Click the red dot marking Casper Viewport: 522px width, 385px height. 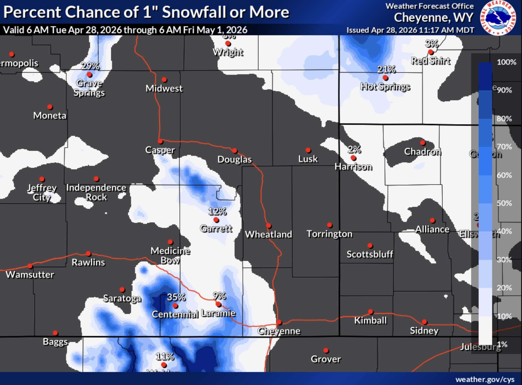pyautogui.click(x=160, y=141)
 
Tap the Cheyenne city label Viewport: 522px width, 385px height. pyautogui.click(x=279, y=331)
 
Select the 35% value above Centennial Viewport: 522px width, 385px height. pyautogui.click(x=176, y=297)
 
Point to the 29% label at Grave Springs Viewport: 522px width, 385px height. pyautogui.click(x=90, y=66)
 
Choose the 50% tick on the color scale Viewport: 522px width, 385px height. pyautogui.click(x=504, y=203)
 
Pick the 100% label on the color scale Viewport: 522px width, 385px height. pyautogui.click(x=506, y=62)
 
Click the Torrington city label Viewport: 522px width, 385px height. pyautogui.click(x=329, y=234)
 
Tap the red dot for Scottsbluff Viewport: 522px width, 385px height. pyautogui.click(x=370, y=246)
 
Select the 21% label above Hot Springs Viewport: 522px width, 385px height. pyautogui.click(x=386, y=69)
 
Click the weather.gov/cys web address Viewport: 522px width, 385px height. pyautogui.click(x=485, y=379)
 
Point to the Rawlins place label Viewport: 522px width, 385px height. pyautogui.click(x=88, y=262)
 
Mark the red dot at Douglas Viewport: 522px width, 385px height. pyautogui.click(x=235, y=151)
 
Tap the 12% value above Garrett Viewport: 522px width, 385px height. pyautogui.click(x=217, y=212)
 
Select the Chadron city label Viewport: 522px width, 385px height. pyautogui.click(x=422, y=151)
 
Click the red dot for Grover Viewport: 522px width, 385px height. pyautogui.click(x=326, y=350)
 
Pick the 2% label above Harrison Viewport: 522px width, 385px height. pyautogui.click(x=354, y=149)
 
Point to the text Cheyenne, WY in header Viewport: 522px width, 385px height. pyautogui.click(x=433, y=18)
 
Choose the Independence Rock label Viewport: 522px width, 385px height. pyautogui.click(x=96, y=192)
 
